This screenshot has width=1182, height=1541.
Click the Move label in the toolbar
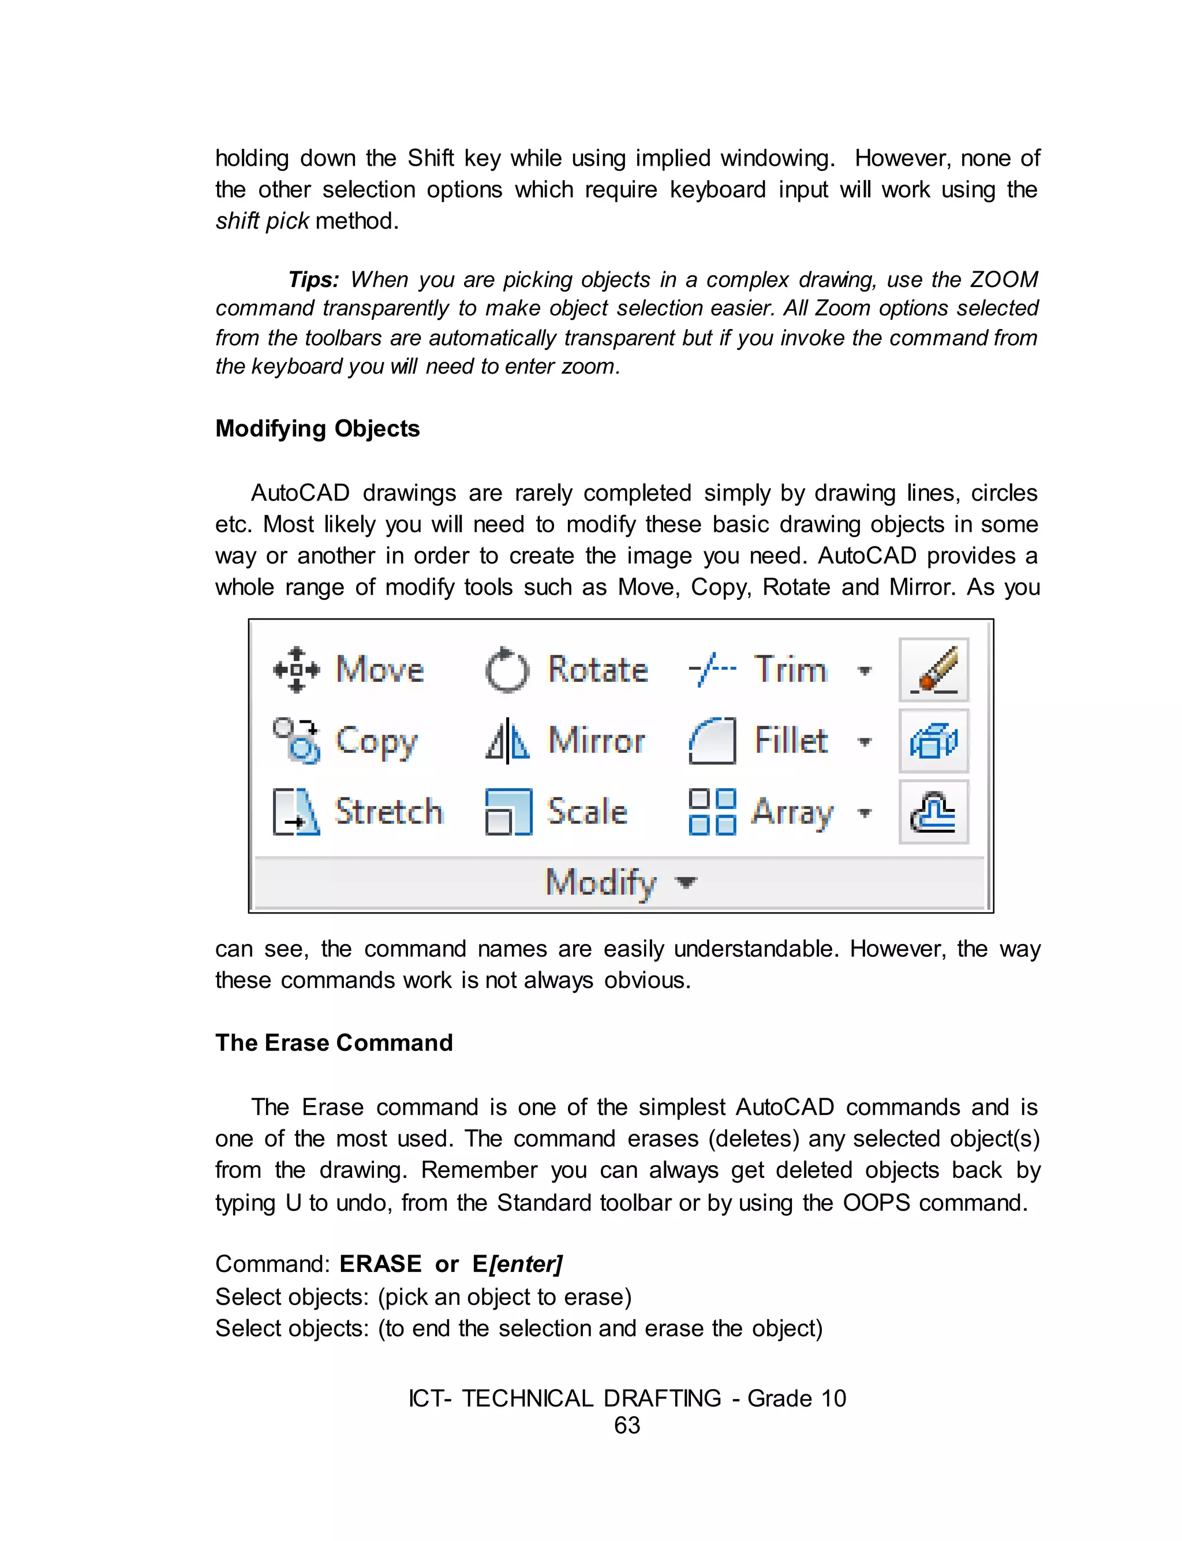pyautogui.click(x=380, y=669)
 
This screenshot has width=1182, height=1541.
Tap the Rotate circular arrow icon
pyautogui.click(x=507, y=669)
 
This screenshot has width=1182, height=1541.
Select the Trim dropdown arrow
pyautogui.click(x=865, y=670)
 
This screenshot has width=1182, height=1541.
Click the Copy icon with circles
pyautogui.click(x=296, y=740)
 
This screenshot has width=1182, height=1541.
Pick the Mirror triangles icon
pyautogui.click(x=507, y=741)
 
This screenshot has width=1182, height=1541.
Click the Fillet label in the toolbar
pyautogui.click(x=790, y=740)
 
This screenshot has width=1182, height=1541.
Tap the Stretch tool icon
pyautogui.click(x=296, y=812)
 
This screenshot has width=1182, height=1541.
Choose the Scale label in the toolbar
pyautogui.click(x=587, y=811)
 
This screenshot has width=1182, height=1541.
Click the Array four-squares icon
pyautogui.click(x=712, y=812)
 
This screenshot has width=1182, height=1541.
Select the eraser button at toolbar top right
pyautogui.click(x=934, y=670)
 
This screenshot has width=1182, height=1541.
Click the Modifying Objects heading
pyautogui.click(x=317, y=428)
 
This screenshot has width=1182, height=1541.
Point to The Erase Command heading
pyautogui.click(x=334, y=1043)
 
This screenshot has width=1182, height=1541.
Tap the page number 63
pyautogui.click(x=627, y=1425)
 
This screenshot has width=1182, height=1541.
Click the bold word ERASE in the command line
pyautogui.click(x=380, y=1264)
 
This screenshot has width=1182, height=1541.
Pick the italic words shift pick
pyautogui.click(x=261, y=221)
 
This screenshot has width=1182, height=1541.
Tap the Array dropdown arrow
pyautogui.click(x=865, y=814)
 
